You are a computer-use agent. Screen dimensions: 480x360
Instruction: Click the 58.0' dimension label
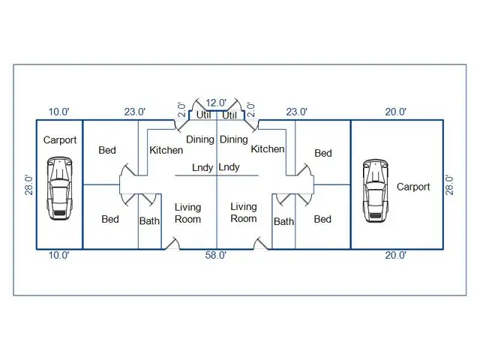(x=216, y=255)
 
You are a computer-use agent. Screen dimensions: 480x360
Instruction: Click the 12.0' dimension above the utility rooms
(x=216, y=103)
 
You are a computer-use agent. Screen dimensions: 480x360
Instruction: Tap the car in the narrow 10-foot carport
(x=60, y=188)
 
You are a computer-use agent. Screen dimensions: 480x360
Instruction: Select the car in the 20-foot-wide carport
(x=375, y=190)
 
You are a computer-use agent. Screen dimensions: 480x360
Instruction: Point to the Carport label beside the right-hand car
(x=413, y=187)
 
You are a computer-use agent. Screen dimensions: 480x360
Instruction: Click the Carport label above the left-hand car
(x=60, y=140)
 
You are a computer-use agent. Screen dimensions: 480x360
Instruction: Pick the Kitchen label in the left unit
(x=166, y=150)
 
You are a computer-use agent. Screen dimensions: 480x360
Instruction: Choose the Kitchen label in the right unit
(x=268, y=148)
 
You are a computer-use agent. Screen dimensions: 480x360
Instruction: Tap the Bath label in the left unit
(x=149, y=220)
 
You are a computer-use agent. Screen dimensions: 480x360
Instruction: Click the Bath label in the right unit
(x=283, y=221)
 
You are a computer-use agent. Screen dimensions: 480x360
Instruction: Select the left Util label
(x=203, y=115)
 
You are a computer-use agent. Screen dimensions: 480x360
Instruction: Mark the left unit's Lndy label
(x=202, y=167)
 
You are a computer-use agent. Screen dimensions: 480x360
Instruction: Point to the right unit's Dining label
(x=234, y=139)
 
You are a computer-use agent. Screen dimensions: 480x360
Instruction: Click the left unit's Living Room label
(x=188, y=213)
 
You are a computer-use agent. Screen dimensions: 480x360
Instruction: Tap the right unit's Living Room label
(x=244, y=213)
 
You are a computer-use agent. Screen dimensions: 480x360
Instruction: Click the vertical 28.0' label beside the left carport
(x=28, y=185)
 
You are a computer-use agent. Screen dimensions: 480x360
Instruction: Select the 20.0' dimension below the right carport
(x=396, y=255)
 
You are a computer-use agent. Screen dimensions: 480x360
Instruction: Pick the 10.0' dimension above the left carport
(x=59, y=112)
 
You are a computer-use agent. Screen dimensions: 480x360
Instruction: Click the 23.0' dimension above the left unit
(x=135, y=112)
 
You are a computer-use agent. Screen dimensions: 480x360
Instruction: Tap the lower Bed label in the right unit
(x=322, y=219)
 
